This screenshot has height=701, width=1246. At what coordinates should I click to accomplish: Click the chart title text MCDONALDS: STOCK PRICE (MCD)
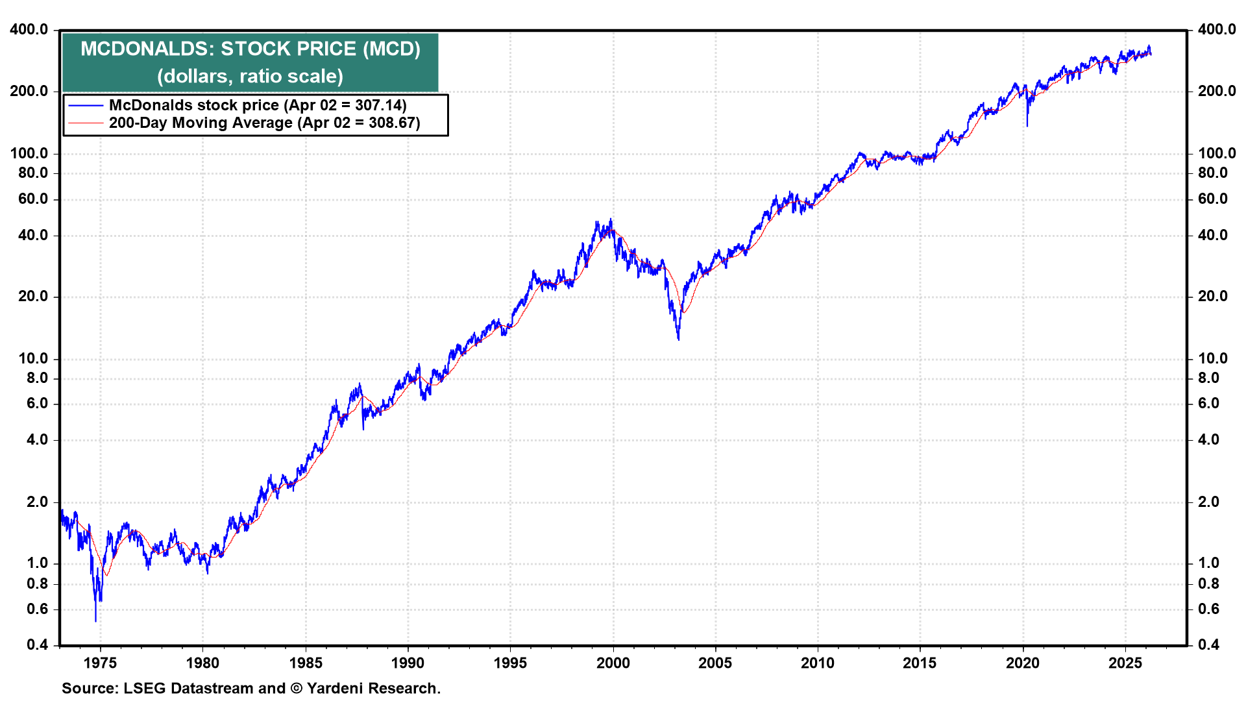pos(250,49)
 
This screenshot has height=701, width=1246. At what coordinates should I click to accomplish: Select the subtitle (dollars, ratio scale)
pos(250,76)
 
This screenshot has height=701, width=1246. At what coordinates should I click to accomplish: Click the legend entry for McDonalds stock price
pos(258,105)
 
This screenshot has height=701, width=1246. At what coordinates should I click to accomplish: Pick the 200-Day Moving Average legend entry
pos(264,123)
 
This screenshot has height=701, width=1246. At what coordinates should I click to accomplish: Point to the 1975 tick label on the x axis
pos(100,663)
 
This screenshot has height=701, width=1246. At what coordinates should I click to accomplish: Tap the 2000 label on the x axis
pos(613,663)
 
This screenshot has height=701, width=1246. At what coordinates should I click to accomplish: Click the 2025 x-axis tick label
pos(1125,663)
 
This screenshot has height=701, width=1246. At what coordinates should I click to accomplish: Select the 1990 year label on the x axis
pos(408,663)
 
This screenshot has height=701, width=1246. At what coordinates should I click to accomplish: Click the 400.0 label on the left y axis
pos(29,29)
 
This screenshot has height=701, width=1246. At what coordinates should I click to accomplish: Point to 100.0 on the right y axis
pos(1217,153)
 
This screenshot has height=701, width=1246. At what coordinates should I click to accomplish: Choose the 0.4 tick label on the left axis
pos(38,645)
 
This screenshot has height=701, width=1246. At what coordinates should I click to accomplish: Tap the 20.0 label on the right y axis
pos(1213,296)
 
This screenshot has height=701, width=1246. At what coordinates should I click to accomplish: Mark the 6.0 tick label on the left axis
pos(38,403)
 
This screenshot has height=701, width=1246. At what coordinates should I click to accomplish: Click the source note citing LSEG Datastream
pos(251,688)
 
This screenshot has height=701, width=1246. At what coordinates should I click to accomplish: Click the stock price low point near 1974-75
pos(96,621)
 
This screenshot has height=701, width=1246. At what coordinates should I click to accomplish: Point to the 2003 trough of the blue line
pos(678,338)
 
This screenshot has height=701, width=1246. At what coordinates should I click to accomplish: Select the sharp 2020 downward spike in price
pos(1027,125)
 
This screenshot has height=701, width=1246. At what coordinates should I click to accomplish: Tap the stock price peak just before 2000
pos(610,219)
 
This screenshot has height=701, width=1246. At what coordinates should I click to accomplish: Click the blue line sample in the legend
pos(86,105)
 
